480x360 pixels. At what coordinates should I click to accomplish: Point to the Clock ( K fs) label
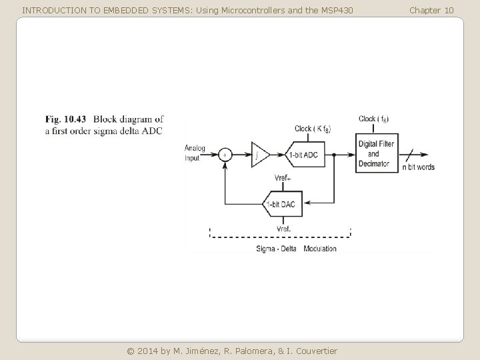point(313,129)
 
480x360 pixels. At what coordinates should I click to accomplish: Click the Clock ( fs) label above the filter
point(373,119)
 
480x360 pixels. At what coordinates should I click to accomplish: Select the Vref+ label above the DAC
point(283,178)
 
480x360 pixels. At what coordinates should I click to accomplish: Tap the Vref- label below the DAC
point(284,229)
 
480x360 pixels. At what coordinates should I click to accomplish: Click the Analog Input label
point(195,153)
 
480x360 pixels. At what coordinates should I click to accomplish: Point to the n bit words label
point(419,167)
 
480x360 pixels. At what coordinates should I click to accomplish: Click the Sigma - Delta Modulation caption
point(296,249)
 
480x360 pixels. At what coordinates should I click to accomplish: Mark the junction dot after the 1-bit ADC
point(334,155)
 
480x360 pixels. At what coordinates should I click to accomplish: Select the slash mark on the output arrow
point(410,155)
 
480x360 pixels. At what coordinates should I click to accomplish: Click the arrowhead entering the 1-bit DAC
point(307,203)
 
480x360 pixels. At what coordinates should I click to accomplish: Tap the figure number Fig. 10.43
point(65,119)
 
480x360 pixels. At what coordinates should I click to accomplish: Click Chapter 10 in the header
point(431,11)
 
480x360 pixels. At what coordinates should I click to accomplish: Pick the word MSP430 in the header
point(337,11)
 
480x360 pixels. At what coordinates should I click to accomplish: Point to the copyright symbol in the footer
point(131,351)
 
